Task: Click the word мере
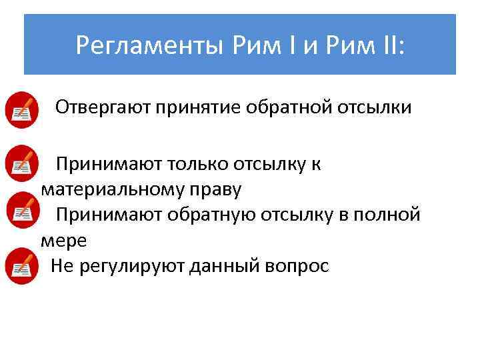[63, 240]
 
